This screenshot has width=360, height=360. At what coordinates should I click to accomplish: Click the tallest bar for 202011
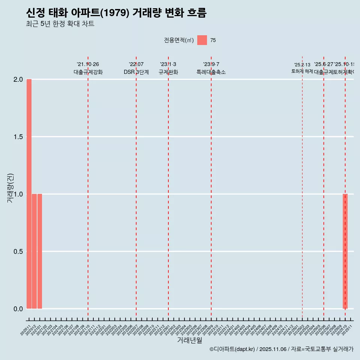point(29,194)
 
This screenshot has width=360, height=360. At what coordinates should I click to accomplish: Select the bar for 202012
point(34,251)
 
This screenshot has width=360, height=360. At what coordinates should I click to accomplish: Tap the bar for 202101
point(40,251)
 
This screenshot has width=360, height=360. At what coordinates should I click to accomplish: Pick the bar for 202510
point(345,251)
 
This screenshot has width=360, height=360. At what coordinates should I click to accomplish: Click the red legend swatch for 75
point(202,40)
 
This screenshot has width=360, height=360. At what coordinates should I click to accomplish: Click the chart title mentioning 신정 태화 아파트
point(116,13)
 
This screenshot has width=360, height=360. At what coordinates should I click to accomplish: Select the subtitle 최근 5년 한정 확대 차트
point(60,24)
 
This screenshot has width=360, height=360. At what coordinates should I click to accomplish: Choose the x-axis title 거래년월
point(189,340)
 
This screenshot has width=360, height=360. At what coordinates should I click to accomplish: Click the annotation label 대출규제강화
point(88,72)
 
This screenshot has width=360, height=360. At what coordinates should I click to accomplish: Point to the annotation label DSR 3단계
point(136,72)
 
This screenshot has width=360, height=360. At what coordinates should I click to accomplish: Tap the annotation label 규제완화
point(168,72)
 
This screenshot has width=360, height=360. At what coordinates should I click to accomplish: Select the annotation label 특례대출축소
point(211,72)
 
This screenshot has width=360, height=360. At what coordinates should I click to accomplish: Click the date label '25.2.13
point(302,65)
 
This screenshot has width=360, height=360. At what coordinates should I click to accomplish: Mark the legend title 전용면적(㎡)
point(178,40)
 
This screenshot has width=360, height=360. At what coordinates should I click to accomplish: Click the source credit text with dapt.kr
point(281,349)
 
